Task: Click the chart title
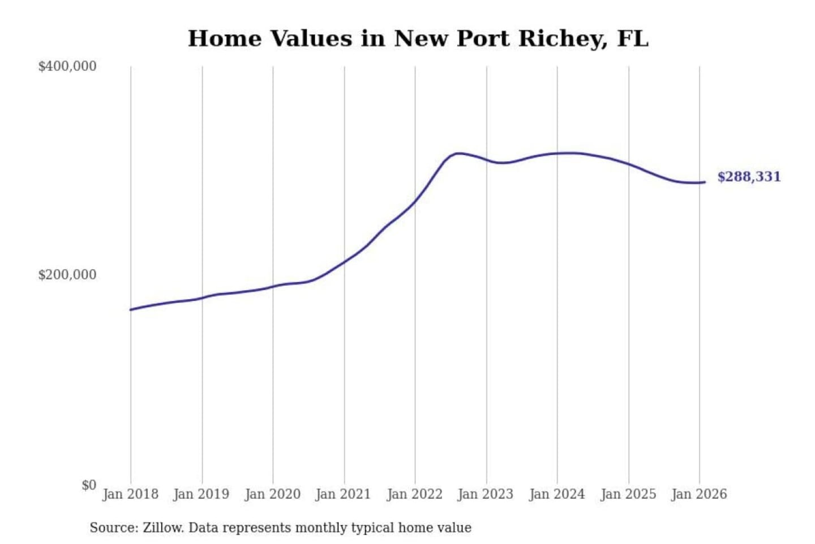[x=418, y=39]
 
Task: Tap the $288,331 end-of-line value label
[x=749, y=177]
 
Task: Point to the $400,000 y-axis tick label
[x=67, y=66]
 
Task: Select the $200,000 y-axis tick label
[x=67, y=275]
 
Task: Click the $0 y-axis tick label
[x=89, y=485]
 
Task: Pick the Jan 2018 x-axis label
[x=130, y=494]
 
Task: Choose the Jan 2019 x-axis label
[x=201, y=494]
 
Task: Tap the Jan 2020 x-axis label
[x=272, y=494]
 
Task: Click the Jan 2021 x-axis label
[x=343, y=494]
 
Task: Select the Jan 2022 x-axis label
[x=414, y=494]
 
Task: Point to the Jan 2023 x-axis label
[x=485, y=494]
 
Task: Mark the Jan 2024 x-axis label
[x=556, y=494]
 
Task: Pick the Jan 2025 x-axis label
[x=628, y=494]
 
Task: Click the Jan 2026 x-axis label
[x=699, y=494]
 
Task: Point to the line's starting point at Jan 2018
[x=131, y=309]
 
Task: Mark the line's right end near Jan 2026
[x=704, y=182]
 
